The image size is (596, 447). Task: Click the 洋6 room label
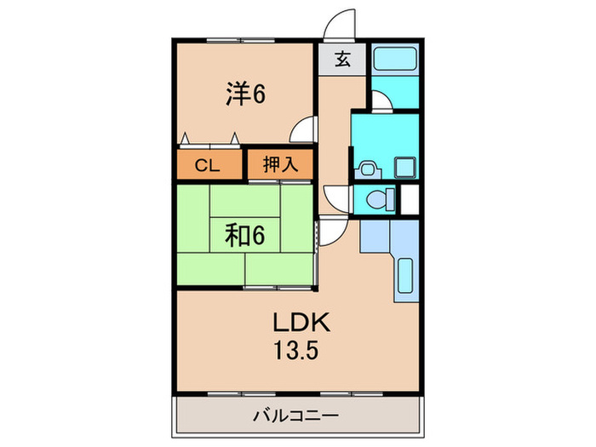(246, 93)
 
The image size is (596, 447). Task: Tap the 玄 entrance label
(342, 60)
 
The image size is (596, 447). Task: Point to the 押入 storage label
(280, 165)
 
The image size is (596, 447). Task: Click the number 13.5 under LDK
(295, 350)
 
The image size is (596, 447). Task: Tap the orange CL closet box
(209, 165)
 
